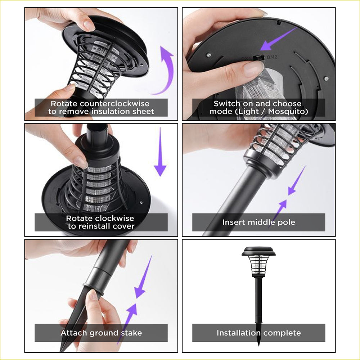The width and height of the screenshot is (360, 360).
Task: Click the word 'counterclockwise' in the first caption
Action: click(114, 104)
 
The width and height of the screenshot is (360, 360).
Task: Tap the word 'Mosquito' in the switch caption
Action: click(288, 112)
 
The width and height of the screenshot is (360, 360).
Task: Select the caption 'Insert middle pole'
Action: click(259, 222)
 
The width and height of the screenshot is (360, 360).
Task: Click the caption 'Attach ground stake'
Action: click(101, 333)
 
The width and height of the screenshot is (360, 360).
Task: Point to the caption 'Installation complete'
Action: click(259, 333)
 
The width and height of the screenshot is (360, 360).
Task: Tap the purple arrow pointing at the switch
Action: click(278, 39)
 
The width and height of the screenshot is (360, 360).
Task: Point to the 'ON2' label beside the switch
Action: click(272, 57)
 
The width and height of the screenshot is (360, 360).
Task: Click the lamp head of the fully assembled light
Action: click(258, 262)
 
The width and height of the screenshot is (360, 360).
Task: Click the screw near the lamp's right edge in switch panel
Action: click(326, 79)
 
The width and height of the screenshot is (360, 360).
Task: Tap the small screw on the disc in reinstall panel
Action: click(141, 202)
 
